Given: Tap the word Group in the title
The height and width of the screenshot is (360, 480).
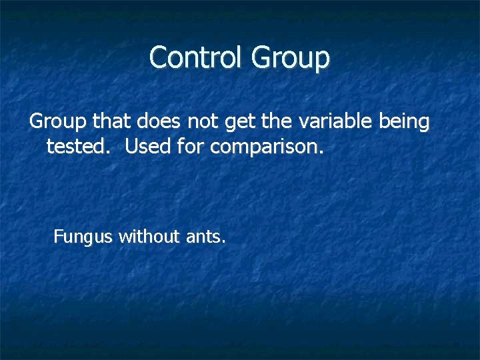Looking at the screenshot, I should (290, 58).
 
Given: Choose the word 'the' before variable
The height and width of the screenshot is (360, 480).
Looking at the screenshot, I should (275, 121).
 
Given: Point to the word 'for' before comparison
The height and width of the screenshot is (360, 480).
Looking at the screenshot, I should (191, 146).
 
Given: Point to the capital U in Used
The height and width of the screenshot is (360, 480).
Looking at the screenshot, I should (131, 146).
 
